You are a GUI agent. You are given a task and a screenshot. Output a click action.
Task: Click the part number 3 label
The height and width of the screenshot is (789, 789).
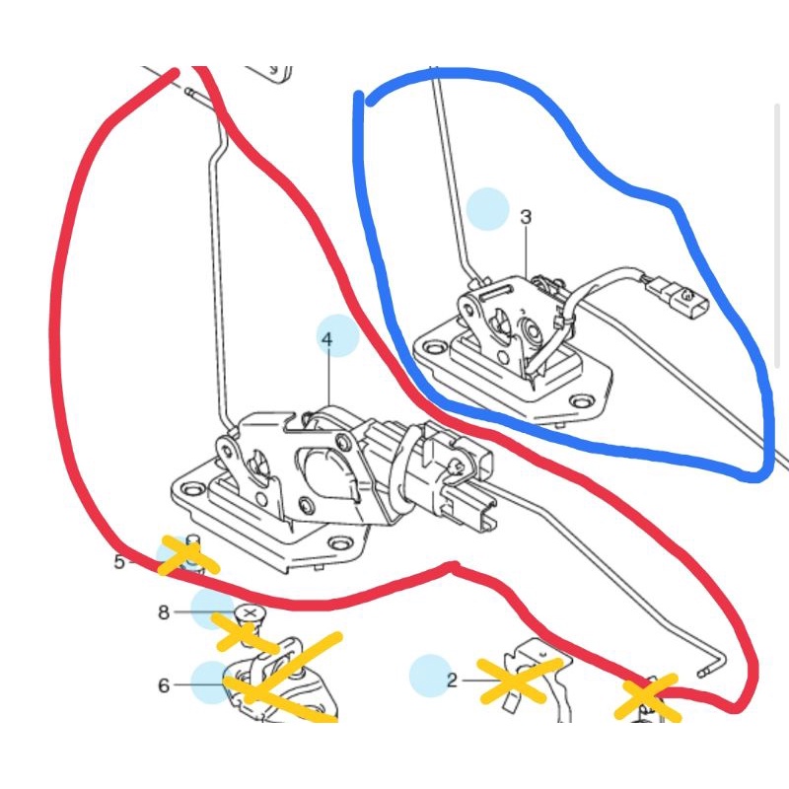[x=526, y=217]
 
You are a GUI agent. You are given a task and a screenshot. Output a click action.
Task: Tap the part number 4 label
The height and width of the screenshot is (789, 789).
[x=327, y=339]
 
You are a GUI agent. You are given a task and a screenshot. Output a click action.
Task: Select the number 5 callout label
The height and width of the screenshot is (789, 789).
[x=119, y=561]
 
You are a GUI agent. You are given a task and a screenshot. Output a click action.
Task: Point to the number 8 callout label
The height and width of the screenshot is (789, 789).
[x=164, y=612]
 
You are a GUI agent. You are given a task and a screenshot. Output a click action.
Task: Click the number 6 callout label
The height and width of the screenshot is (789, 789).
[x=164, y=685]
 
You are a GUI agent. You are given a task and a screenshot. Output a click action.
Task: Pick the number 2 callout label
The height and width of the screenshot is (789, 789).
[x=452, y=681]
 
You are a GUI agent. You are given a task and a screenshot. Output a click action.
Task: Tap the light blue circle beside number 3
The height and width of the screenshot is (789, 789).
[x=487, y=209]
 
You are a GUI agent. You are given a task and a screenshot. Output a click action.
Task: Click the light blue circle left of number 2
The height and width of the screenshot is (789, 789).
[x=430, y=676]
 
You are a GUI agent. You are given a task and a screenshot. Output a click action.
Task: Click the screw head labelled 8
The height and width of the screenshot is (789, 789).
[x=251, y=612]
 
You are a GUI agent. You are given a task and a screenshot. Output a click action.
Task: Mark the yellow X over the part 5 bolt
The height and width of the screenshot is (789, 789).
[x=188, y=555]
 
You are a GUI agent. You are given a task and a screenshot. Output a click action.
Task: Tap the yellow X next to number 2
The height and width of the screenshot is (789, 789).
[x=519, y=680]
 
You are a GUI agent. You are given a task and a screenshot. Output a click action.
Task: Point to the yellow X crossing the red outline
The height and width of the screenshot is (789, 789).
[x=648, y=697]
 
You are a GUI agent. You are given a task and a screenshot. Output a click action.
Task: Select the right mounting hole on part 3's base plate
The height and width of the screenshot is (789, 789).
[x=583, y=402]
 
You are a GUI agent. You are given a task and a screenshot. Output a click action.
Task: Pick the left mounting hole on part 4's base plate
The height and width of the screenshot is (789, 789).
[x=190, y=488]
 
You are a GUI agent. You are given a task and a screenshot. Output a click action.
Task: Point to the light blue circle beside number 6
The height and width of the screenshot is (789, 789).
[x=212, y=682]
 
